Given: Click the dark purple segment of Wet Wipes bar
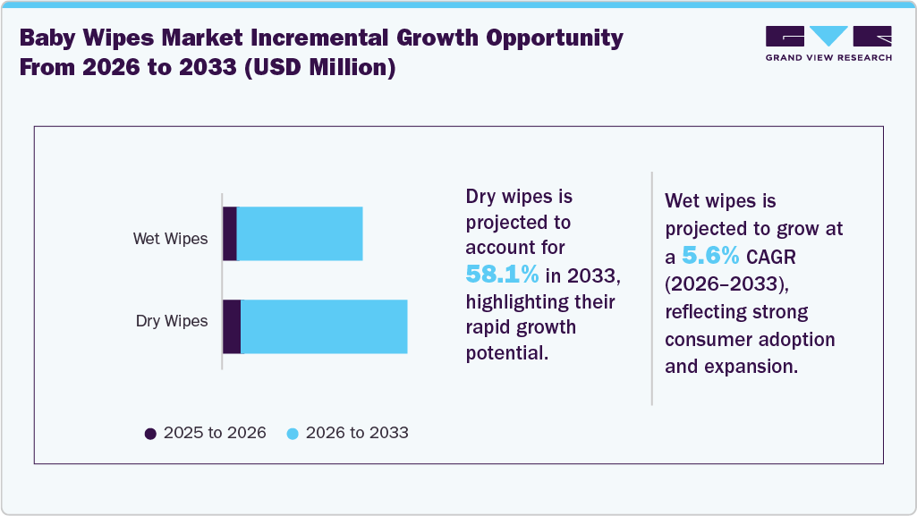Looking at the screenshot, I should coord(230,233).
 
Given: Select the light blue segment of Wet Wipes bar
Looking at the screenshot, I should coord(300,233).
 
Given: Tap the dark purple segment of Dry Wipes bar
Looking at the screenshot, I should coord(232,326).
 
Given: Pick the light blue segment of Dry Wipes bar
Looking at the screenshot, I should coord(324,326).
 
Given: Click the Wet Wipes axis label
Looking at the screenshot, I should coord(170,239).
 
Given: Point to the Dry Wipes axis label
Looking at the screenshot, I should coord(172,321).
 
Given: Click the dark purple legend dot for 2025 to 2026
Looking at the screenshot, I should coord(150,434).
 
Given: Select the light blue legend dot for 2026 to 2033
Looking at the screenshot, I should coord(293,434).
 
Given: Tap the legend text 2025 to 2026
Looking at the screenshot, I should coord(215,433).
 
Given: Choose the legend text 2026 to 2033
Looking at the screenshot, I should coord(357,433).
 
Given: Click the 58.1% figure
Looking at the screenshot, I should coord(502,273).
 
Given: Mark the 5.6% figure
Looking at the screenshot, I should coord(710,257).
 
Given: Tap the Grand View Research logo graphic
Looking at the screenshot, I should coord(828,38).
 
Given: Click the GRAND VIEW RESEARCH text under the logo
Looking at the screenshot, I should coord(828,58).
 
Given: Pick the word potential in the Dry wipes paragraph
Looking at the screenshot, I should coord(505,352).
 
